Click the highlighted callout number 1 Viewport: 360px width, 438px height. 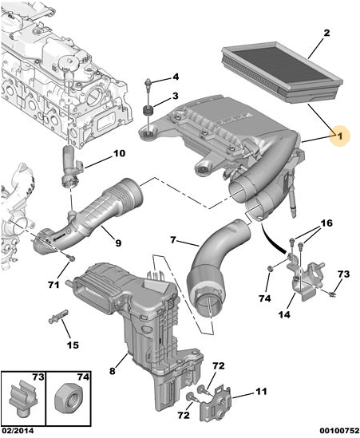[x=339, y=136]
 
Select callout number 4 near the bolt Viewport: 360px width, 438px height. [x=175, y=77]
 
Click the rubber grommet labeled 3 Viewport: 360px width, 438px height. [x=147, y=111]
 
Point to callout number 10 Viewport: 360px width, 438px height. [x=119, y=153]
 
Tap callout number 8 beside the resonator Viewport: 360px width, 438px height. [x=112, y=371]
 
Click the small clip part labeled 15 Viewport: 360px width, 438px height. [x=58, y=317]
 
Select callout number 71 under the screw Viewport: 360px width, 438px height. [x=53, y=285]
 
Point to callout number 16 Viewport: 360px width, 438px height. [x=326, y=223]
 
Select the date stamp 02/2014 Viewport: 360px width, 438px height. [x=17, y=431]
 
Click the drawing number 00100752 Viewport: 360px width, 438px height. [x=339, y=431]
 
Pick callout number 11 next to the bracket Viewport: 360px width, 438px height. [x=261, y=392]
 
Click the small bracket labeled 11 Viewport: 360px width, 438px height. [x=216, y=402]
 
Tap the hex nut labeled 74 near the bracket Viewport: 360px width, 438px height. [x=270, y=269]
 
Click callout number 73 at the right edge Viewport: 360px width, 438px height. [x=343, y=274]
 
